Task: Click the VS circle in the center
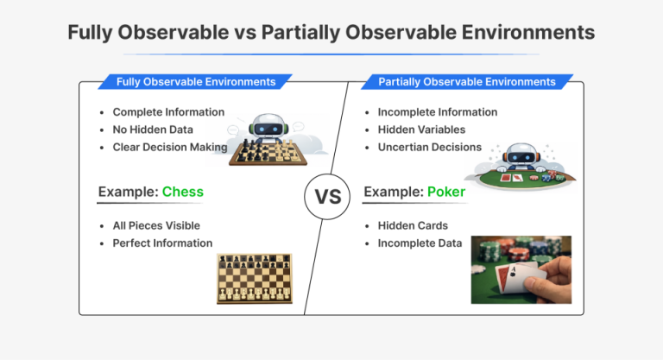click(x=328, y=196)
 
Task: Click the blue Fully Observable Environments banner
click(x=197, y=82)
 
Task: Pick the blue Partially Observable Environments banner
click(x=467, y=82)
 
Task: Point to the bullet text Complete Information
click(x=168, y=112)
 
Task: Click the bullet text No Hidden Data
click(x=154, y=129)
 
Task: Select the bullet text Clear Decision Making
click(x=170, y=147)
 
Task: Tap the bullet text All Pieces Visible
click(x=157, y=225)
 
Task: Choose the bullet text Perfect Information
click(x=162, y=243)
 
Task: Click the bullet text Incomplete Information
click(x=438, y=112)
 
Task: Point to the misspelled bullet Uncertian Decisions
click(x=430, y=147)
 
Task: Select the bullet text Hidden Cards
click(x=413, y=225)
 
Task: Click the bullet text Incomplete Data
click(x=420, y=243)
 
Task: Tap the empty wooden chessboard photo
click(x=254, y=278)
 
